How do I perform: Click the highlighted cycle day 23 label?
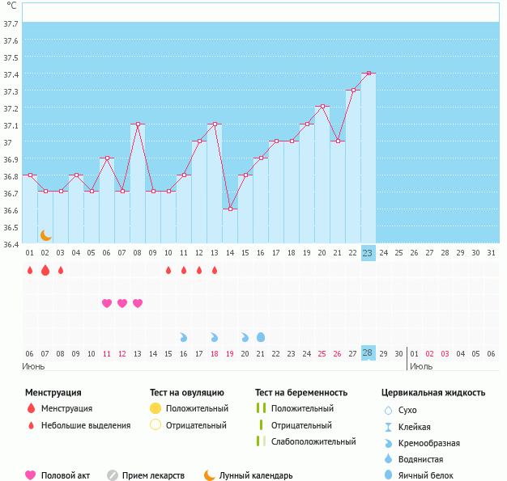(x=368, y=253)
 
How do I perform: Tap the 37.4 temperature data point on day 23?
(x=369, y=74)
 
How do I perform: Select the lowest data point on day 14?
(x=230, y=209)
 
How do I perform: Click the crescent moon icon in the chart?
(x=46, y=234)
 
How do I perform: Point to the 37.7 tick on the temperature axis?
(x=11, y=24)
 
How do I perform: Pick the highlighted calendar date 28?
(x=368, y=353)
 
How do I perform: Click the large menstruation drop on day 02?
(x=45, y=270)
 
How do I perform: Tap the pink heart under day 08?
(x=138, y=303)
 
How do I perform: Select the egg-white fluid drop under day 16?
(x=261, y=336)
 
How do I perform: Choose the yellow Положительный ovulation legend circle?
(x=156, y=408)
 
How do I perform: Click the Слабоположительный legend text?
(x=314, y=441)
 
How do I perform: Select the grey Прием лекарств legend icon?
(x=113, y=475)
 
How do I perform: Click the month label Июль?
(x=420, y=366)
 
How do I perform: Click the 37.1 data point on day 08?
(x=138, y=124)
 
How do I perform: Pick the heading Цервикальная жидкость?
(x=433, y=393)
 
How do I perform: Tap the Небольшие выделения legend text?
(x=85, y=425)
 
